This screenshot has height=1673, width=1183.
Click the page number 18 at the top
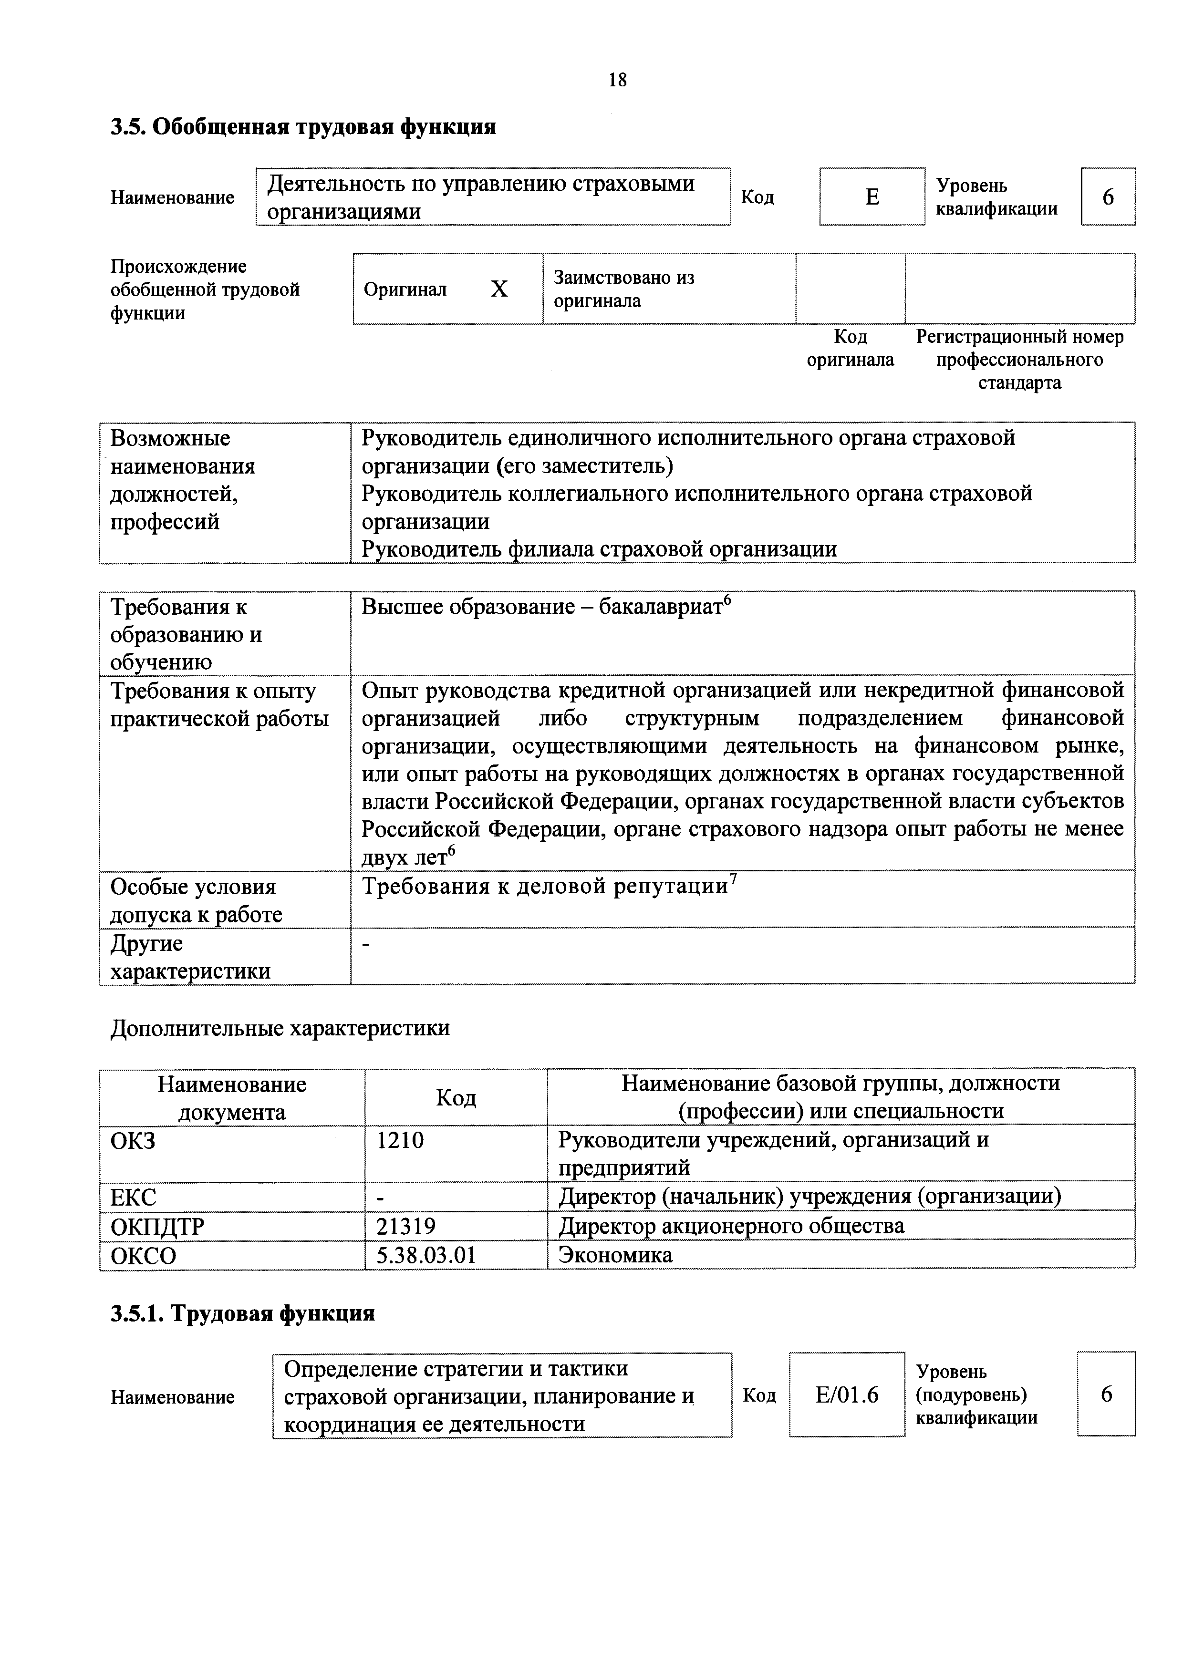point(617,80)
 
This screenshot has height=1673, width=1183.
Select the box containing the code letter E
point(872,197)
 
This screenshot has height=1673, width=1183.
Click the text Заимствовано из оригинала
point(624,289)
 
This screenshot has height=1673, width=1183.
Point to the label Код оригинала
point(850,348)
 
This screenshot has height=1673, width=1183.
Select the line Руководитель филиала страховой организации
point(599,548)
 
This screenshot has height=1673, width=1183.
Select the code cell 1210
point(400,1140)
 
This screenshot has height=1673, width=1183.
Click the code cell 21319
point(406,1226)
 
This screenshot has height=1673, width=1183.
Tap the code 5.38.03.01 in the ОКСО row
point(425,1255)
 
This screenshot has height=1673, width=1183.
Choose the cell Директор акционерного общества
point(731,1226)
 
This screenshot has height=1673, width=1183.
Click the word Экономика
point(615,1255)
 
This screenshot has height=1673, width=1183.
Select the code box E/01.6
point(846,1394)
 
